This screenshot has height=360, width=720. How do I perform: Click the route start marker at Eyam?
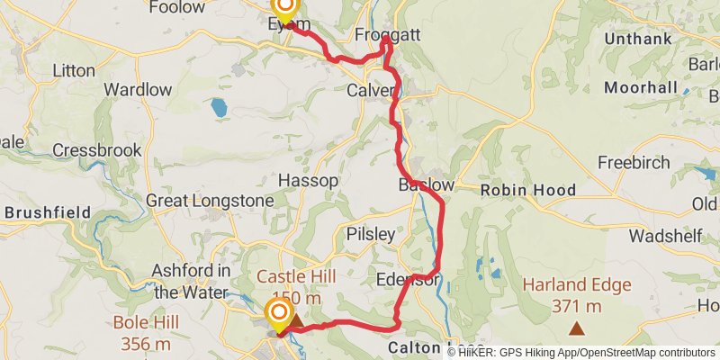point(284,11)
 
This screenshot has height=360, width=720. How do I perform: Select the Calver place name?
point(371,90)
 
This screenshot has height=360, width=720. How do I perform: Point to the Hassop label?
point(309,181)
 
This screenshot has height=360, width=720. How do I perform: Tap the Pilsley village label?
point(371,234)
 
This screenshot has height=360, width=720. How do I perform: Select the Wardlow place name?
point(138,90)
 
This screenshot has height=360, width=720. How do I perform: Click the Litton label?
point(74,69)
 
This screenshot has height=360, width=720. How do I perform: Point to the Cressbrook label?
point(97,150)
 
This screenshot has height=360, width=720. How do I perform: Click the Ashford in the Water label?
point(191,281)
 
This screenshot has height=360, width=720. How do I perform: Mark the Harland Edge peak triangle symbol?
point(576,329)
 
